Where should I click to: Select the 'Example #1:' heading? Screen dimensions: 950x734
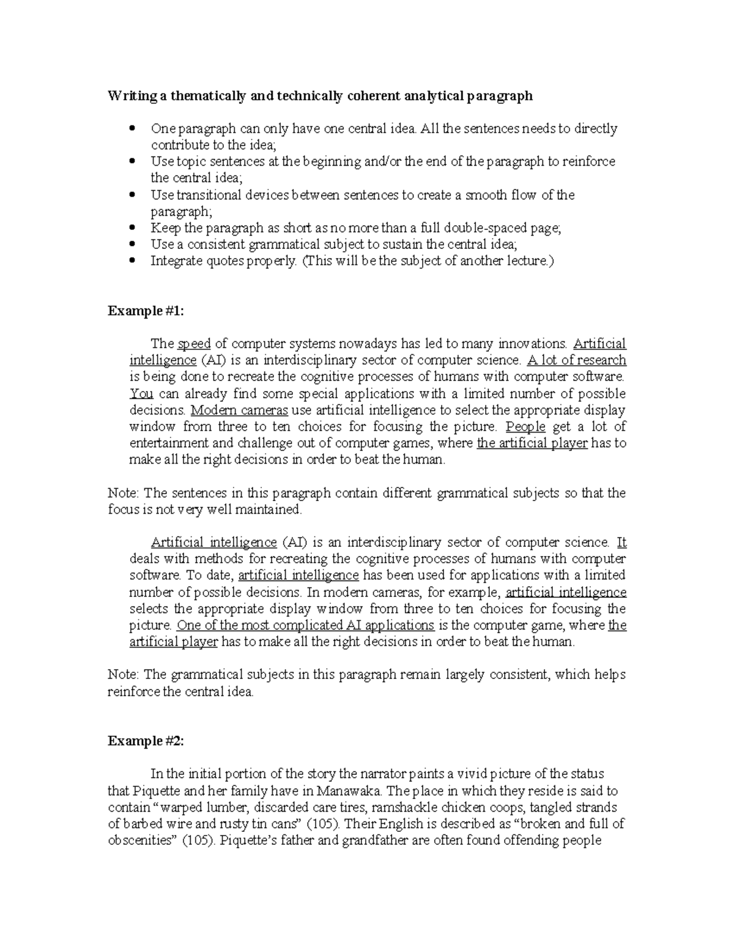coord(146,311)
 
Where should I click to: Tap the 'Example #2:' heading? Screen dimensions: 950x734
coord(146,741)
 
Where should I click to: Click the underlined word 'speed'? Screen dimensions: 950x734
coord(194,343)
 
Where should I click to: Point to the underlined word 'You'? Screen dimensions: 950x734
coord(141,393)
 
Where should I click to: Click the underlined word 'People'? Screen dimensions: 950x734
coord(526,426)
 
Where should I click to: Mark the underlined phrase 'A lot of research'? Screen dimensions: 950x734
coord(576,360)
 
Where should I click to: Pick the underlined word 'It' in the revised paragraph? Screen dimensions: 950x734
coord(621,542)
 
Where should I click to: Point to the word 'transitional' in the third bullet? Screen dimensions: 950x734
coord(209,195)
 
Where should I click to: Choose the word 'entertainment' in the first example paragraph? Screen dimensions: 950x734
coord(169,443)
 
